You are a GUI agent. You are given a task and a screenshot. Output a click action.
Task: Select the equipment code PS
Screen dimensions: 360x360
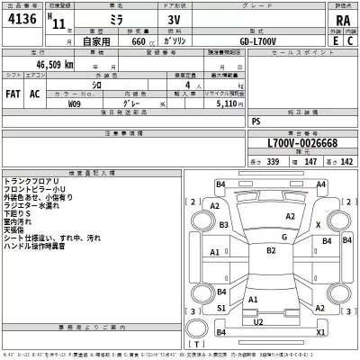[x=256, y=119]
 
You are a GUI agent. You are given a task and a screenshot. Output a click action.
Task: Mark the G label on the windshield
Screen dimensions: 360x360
[x=283, y=237]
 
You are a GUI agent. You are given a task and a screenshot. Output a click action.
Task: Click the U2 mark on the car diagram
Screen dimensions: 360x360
[x=258, y=321]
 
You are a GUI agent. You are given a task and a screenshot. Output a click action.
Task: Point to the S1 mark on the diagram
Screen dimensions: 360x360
[x=220, y=308]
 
